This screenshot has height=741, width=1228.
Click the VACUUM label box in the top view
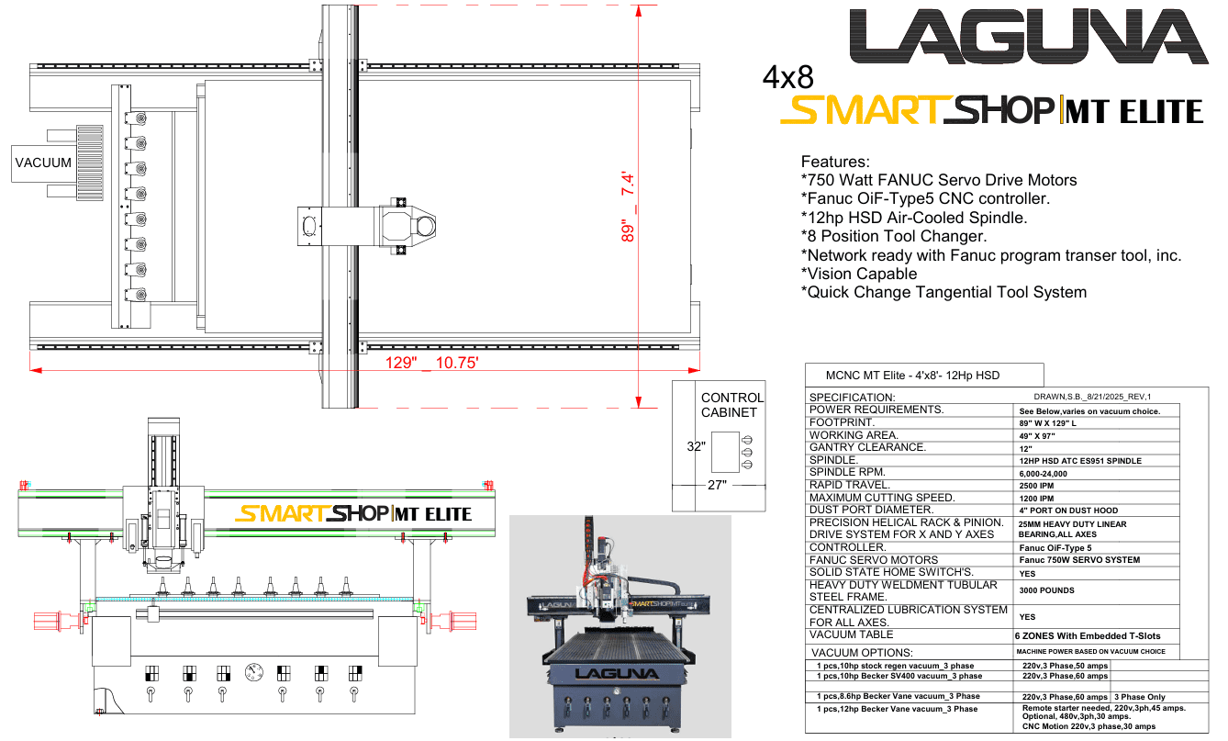43,163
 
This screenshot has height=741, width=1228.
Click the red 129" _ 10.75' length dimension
431,363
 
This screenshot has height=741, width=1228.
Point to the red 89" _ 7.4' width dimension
628,207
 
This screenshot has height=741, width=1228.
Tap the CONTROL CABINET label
731,405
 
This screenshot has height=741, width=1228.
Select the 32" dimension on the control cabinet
696,446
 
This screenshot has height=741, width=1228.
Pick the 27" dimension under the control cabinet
717,485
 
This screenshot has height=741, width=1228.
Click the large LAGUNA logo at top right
1029,36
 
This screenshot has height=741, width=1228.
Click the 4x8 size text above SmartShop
787,77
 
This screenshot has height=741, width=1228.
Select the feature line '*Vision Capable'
858,274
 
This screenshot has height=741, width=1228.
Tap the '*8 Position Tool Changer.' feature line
894,236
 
